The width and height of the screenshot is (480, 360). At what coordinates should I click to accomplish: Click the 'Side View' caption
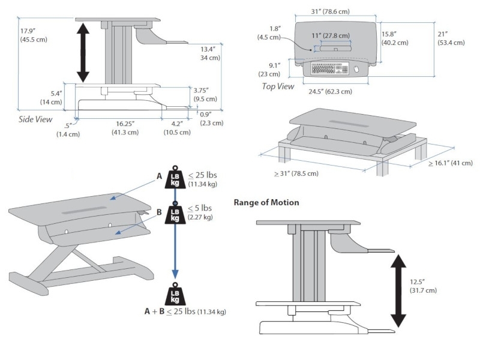(35, 119)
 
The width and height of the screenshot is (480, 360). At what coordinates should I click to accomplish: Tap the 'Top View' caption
(278, 86)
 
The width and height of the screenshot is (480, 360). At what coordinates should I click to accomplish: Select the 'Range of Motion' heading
(266, 203)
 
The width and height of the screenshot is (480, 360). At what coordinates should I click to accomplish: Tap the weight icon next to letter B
(175, 214)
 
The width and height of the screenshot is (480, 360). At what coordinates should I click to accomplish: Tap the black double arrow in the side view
(83, 50)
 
